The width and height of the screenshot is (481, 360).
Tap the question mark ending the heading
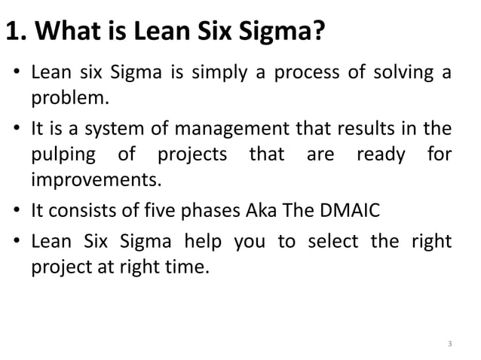[319, 34]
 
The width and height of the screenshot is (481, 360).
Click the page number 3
[449, 345]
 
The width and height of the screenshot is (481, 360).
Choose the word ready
[381, 155]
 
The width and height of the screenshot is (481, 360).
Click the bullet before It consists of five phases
[17, 212]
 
